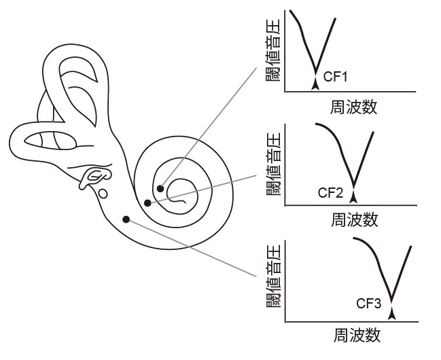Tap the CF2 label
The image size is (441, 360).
click(331, 192)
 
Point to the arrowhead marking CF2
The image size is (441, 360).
click(353, 197)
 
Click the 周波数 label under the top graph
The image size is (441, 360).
click(353, 107)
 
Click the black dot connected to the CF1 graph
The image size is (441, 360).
click(160, 188)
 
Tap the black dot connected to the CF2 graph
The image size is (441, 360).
click(147, 202)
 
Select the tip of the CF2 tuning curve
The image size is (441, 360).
click(353, 187)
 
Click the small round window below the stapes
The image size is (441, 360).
click(102, 194)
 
